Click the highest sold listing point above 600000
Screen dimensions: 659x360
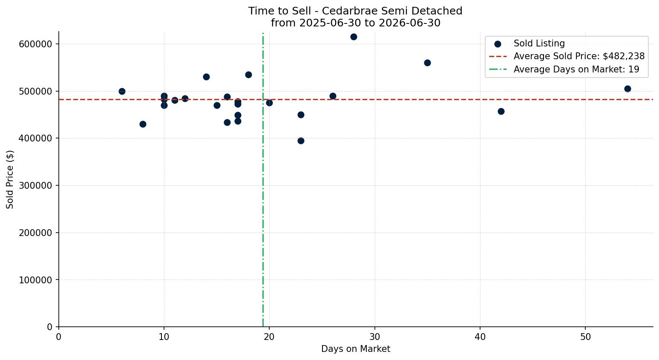coord(354,37)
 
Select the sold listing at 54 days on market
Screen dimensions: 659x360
coord(627,89)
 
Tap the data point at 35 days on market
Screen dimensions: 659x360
coord(427,63)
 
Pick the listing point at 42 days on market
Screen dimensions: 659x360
coord(501,112)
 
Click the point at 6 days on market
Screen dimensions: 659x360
coord(122,92)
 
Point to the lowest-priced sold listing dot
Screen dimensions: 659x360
coord(301,141)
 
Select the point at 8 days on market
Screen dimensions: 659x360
coord(143,124)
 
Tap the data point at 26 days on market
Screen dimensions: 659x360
coord(333,96)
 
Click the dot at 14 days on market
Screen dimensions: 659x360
coord(206,77)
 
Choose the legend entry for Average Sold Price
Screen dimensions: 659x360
coord(567,56)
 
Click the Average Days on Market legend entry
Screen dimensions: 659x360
coord(564,69)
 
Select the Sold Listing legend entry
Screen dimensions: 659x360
coord(530,43)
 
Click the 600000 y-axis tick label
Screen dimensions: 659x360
coord(36,44)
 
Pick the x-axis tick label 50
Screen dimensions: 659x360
coord(585,337)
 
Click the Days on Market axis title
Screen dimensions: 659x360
coord(356,349)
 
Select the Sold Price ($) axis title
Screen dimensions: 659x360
coord(10,179)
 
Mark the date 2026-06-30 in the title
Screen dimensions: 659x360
coord(409,23)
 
